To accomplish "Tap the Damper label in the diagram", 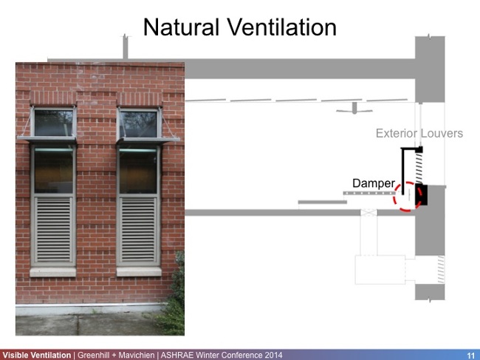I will click(x=373, y=183).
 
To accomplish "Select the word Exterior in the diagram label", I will click(x=398, y=134).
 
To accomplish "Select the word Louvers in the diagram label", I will click(x=443, y=134).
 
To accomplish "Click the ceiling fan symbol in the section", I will click(x=354, y=109).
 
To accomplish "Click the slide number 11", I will click(x=470, y=355).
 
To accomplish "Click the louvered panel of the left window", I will click(x=54, y=229).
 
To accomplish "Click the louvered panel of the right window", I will click(x=138, y=229).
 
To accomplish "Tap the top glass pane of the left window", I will click(x=54, y=122).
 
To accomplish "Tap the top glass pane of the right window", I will click(x=139, y=122).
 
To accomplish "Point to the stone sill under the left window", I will click(x=53, y=271).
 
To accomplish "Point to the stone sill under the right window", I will click(x=139, y=271).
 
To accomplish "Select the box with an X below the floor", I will click(x=368, y=212).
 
